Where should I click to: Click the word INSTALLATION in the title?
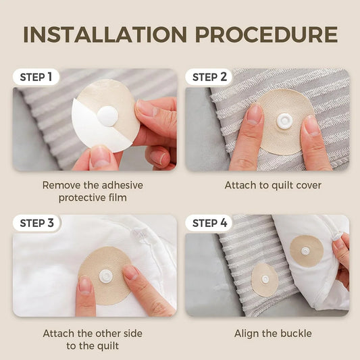click(x=101, y=34)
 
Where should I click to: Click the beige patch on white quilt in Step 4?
click(x=306, y=251)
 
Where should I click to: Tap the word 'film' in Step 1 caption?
click(x=120, y=198)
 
